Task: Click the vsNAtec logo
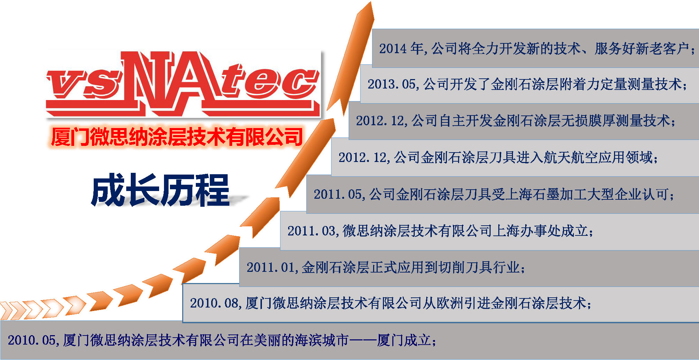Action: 183,84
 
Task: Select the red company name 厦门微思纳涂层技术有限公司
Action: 177,136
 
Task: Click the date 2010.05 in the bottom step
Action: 31,340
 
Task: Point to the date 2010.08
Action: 214,303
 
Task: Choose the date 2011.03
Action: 311,231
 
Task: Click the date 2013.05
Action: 391,84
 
